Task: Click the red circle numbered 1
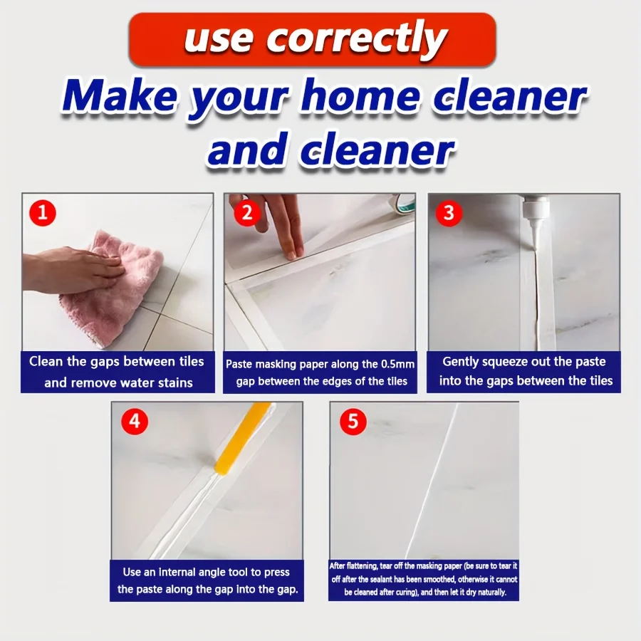pyautogui.click(x=43, y=212)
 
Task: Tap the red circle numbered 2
pyautogui.click(x=246, y=212)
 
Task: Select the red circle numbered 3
pyautogui.click(x=449, y=212)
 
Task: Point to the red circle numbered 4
pyautogui.click(x=135, y=422)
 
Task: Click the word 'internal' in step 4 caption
pyautogui.click(x=187, y=572)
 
